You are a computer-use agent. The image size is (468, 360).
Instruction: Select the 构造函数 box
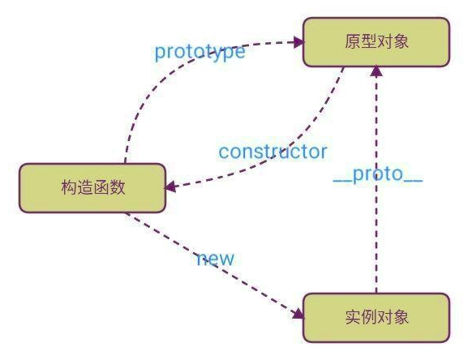point(92,188)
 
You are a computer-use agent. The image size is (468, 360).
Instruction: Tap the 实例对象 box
point(376,317)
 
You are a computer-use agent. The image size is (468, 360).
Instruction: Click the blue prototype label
point(200,52)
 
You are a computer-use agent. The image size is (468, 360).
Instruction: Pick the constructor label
point(273,152)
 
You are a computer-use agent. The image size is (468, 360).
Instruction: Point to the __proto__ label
point(378,176)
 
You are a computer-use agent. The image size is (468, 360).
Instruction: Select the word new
point(215,259)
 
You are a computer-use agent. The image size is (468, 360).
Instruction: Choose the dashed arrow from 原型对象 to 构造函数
point(300,138)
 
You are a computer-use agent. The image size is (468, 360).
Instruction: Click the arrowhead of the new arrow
point(295,310)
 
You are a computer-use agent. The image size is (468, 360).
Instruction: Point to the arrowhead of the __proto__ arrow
point(376,73)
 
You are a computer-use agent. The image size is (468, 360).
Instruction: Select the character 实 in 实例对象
point(350,317)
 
